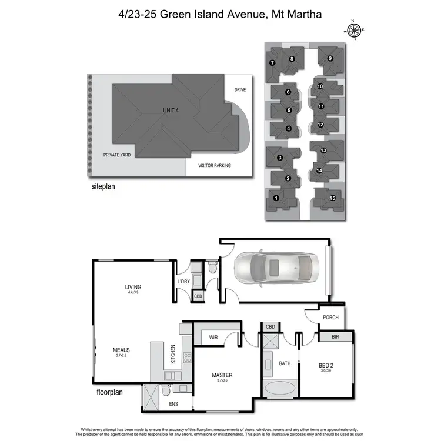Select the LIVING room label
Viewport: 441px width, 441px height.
[133, 287]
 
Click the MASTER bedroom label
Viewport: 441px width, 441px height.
[222, 375]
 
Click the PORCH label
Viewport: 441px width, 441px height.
[330, 318]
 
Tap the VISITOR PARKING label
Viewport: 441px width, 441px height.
[215, 166]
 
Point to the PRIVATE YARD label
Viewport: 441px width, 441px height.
[117, 155]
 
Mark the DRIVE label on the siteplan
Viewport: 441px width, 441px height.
[240, 90]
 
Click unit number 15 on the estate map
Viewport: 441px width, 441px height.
[333, 198]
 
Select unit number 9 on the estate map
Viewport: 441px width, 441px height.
[330, 58]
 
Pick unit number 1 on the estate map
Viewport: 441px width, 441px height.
[276, 198]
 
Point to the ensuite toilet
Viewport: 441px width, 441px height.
[166, 390]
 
